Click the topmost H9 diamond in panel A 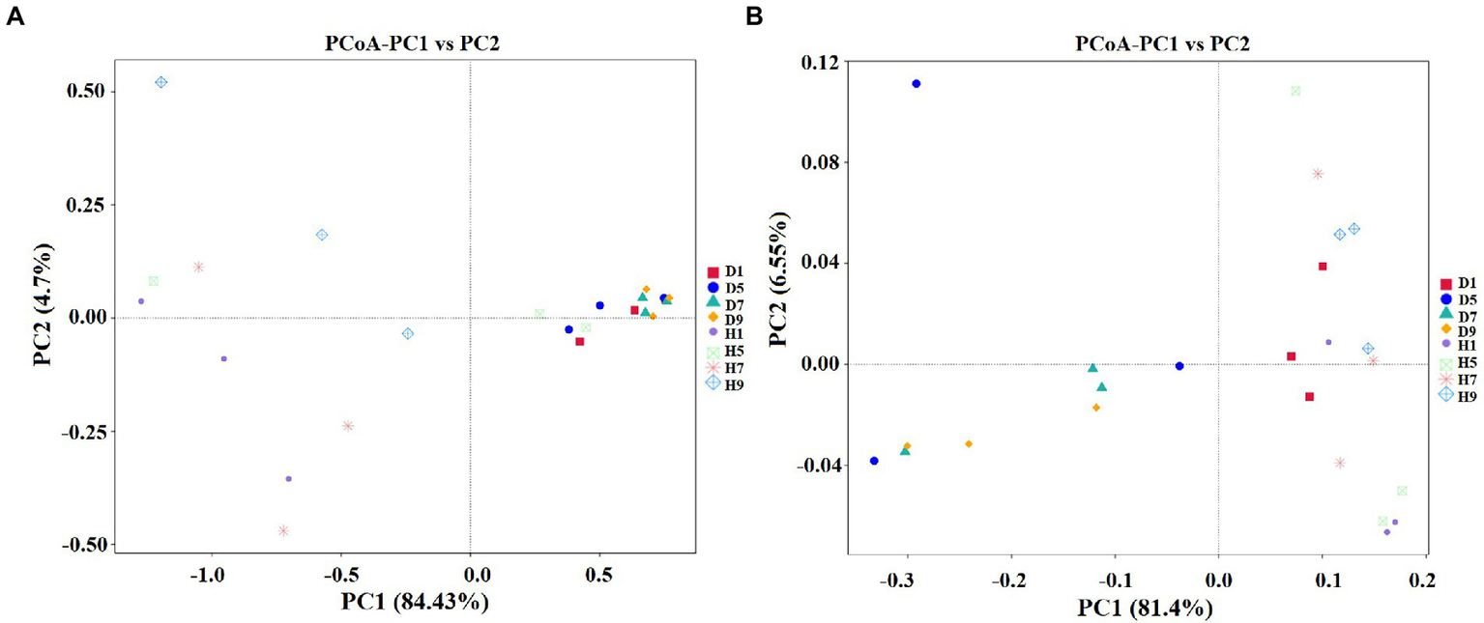click(161, 82)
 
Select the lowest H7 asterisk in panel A click(283, 530)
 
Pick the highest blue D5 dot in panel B click(916, 84)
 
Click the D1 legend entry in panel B click(1456, 283)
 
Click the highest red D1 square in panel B click(1323, 267)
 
